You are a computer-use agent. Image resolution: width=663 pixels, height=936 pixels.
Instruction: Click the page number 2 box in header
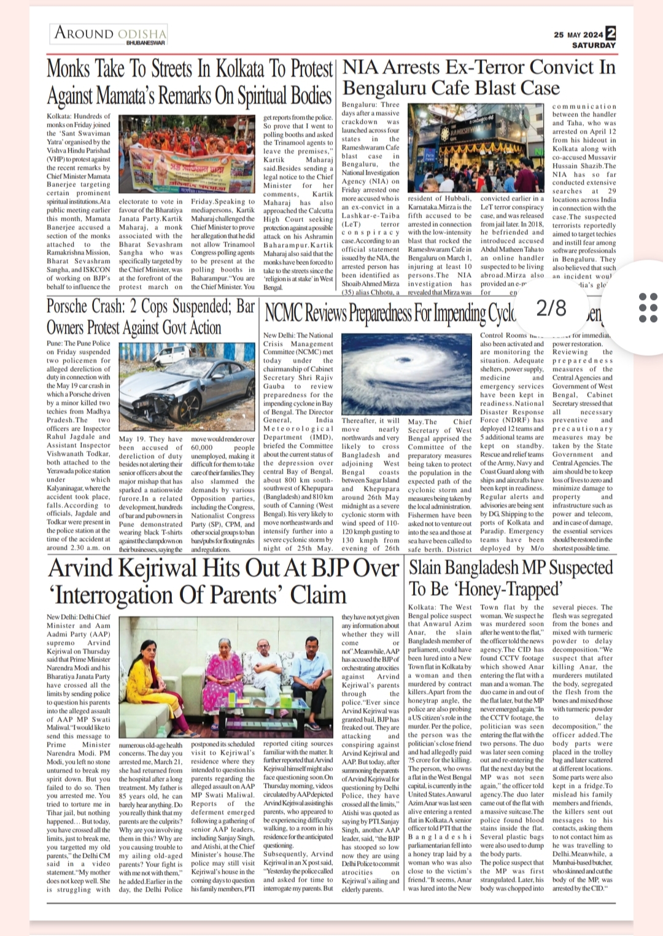click(610, 34)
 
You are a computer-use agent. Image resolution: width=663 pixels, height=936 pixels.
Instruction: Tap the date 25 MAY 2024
click(578, 35)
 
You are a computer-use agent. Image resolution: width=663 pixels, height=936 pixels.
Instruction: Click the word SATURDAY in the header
click(593, 45)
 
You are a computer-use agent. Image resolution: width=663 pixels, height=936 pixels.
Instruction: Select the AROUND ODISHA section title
click(110, 33)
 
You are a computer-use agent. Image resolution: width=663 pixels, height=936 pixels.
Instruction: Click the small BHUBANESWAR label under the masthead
click(145, 43)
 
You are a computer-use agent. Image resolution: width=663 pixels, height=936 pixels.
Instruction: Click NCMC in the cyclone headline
click(284, 314)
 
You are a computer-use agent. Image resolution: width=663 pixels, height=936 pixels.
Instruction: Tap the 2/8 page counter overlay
click(551, 307)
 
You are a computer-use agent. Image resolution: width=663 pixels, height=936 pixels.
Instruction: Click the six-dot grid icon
click(648, 307)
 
